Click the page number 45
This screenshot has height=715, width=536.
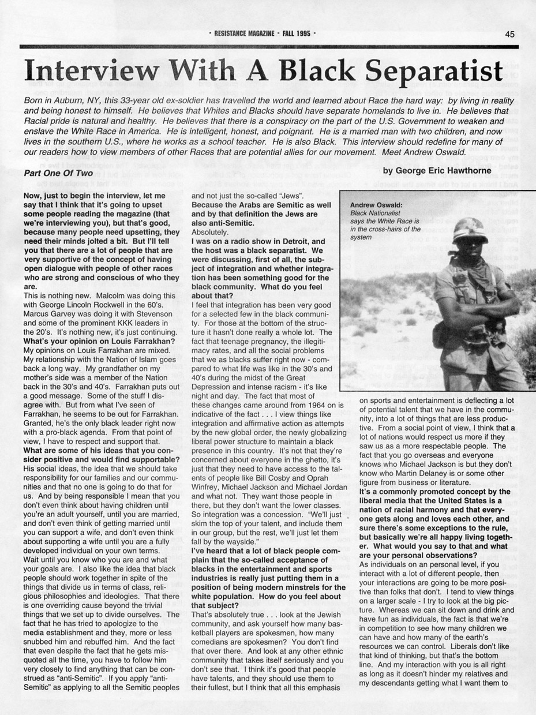point(509,34)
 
